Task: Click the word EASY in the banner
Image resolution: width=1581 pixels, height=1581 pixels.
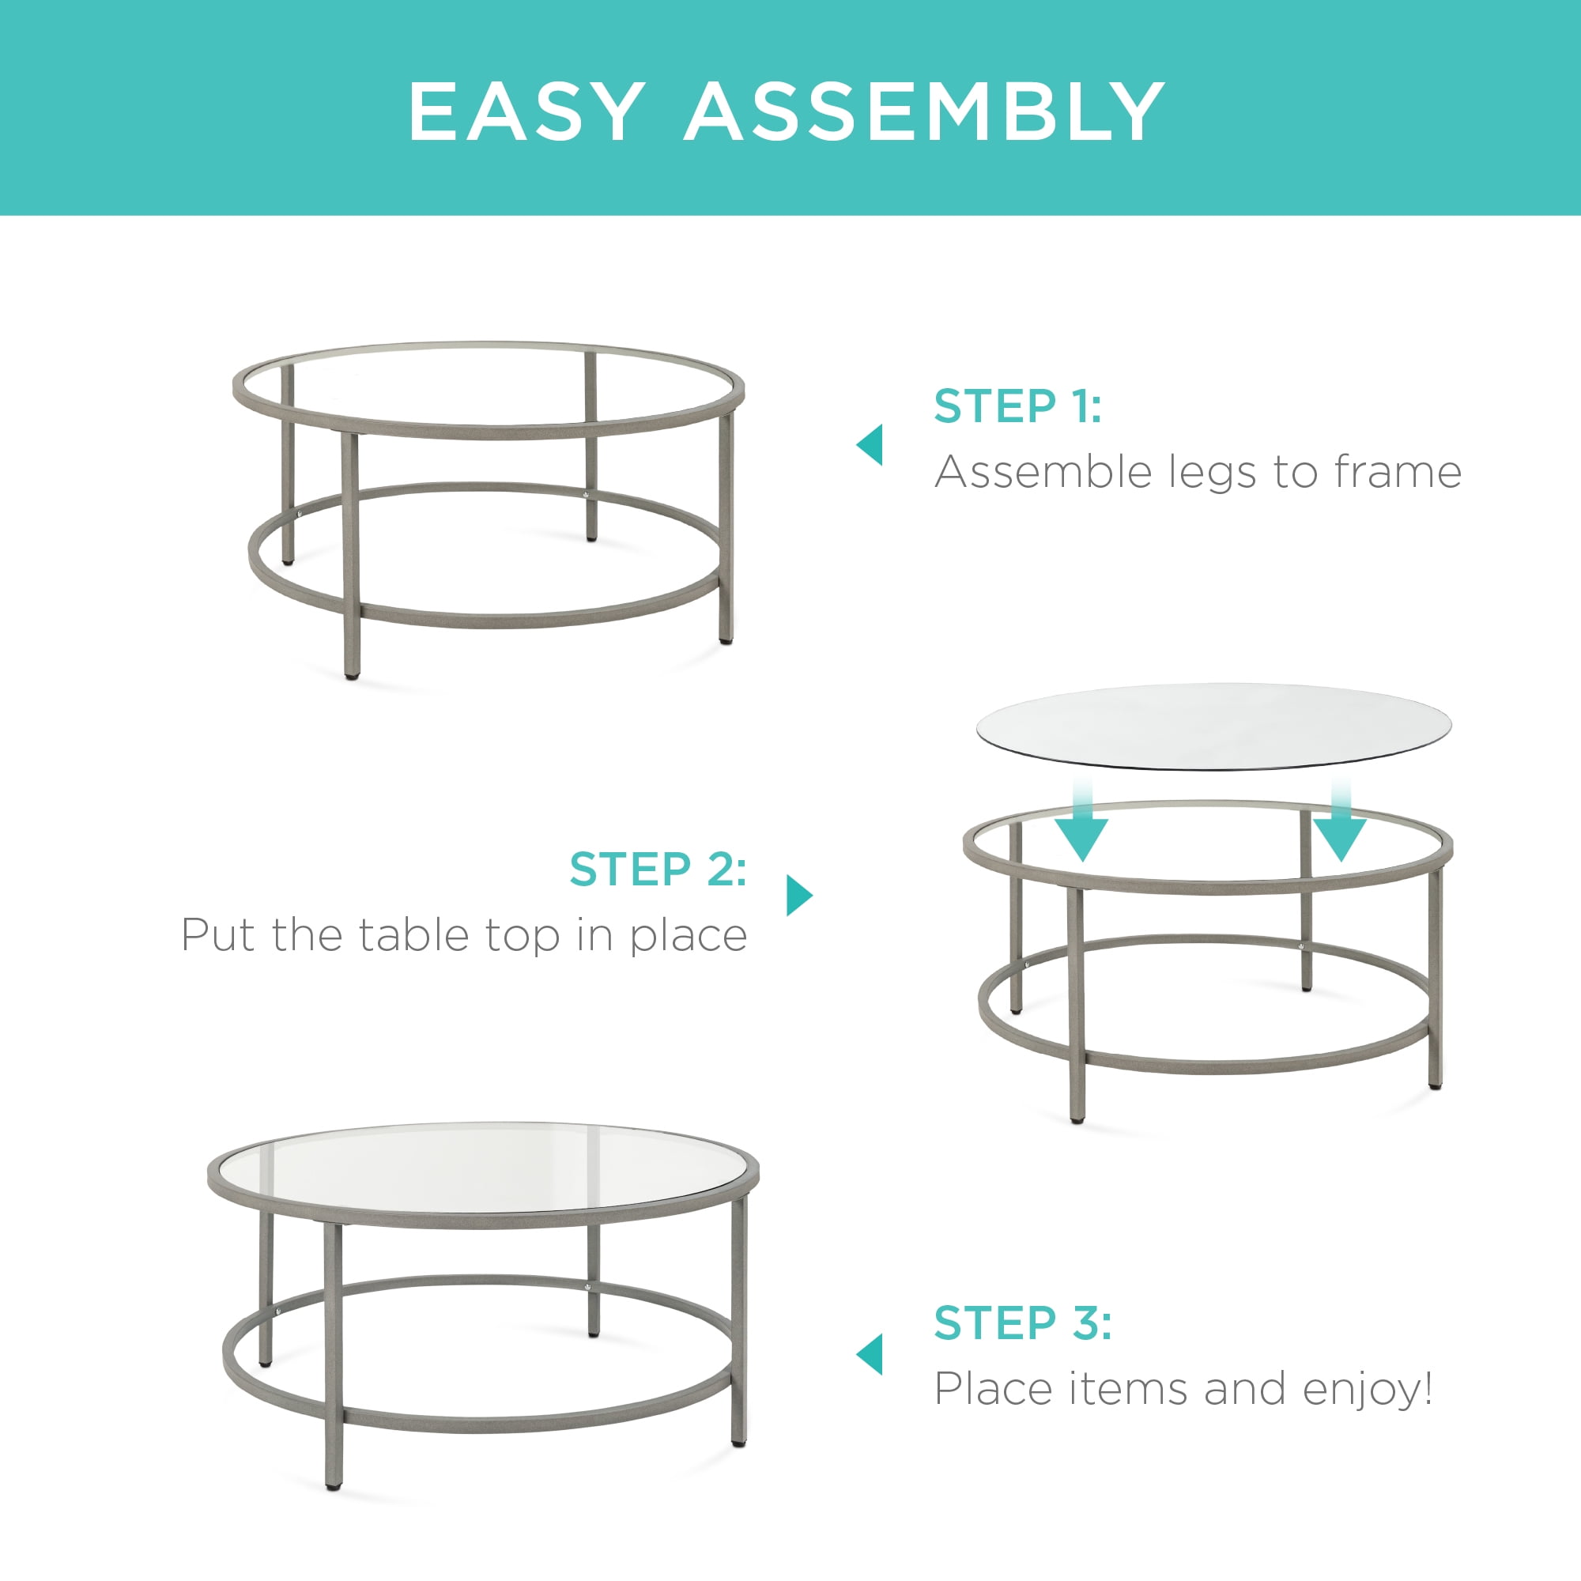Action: point(526,111)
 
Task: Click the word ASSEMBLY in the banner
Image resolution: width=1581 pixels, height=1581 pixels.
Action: point(925,111)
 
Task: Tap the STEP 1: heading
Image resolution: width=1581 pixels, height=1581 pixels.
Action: point(1018,406)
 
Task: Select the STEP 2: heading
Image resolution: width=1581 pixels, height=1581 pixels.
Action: point(658,868)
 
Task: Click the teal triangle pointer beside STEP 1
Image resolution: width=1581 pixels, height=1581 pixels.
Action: point(870,444)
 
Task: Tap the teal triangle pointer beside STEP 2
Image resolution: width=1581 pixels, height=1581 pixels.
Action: point(799,896)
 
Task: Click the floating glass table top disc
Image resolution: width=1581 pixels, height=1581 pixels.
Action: point(1213,726)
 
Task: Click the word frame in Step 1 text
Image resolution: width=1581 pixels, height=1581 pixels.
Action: point(1398,472)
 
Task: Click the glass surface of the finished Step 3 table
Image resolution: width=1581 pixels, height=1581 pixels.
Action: point(483,1168)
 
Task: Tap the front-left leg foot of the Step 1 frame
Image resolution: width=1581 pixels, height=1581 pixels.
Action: point(352,676)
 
